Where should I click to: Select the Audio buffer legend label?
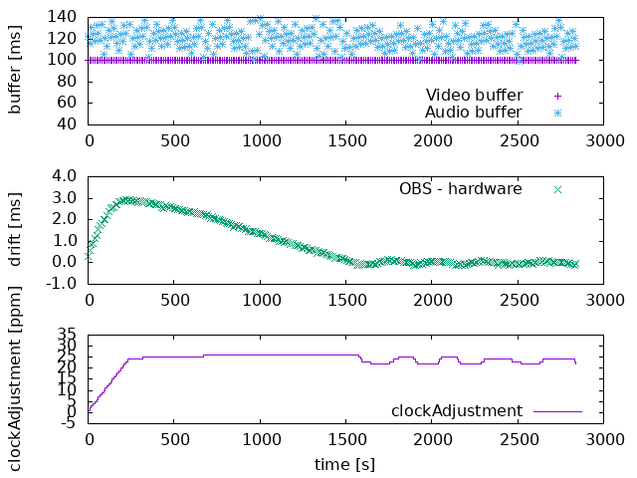473,113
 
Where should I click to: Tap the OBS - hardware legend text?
460,188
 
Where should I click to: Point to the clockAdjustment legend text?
456,410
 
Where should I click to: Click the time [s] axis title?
345,464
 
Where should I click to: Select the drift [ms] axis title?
15,229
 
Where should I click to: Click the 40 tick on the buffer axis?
68,124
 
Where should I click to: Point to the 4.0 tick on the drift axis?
64,176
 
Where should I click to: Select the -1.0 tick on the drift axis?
62,284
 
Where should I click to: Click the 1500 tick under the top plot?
345,140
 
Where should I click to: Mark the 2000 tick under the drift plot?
431,300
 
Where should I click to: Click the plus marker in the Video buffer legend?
557,96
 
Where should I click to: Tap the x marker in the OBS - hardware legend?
557,188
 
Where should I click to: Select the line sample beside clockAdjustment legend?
557,410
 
